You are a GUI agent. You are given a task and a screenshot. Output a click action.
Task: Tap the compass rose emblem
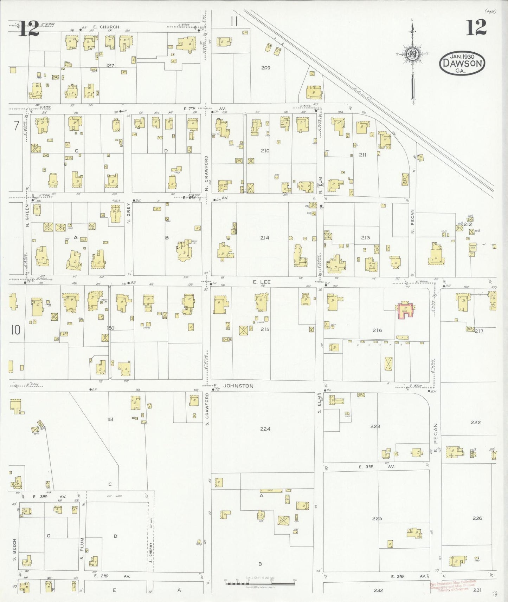[412, 54]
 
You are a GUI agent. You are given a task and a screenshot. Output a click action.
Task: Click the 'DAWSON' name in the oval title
[462, 64]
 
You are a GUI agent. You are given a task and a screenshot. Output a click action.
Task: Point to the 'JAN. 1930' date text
[462, 57]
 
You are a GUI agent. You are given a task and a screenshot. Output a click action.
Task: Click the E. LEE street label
[262, 282]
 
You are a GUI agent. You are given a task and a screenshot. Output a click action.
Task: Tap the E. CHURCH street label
[106, 27]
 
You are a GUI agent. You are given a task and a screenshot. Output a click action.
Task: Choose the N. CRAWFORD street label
[207, 174]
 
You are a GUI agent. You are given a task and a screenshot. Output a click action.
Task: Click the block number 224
[265, 429]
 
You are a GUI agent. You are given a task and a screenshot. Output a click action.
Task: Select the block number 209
[266, 67]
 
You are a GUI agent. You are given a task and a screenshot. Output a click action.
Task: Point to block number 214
[265, 238]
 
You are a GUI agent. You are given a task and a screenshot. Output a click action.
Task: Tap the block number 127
[110, 65]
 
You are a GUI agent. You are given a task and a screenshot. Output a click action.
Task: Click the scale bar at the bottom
[260, 583]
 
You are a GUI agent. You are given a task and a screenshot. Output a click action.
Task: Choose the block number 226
[477, 518]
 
